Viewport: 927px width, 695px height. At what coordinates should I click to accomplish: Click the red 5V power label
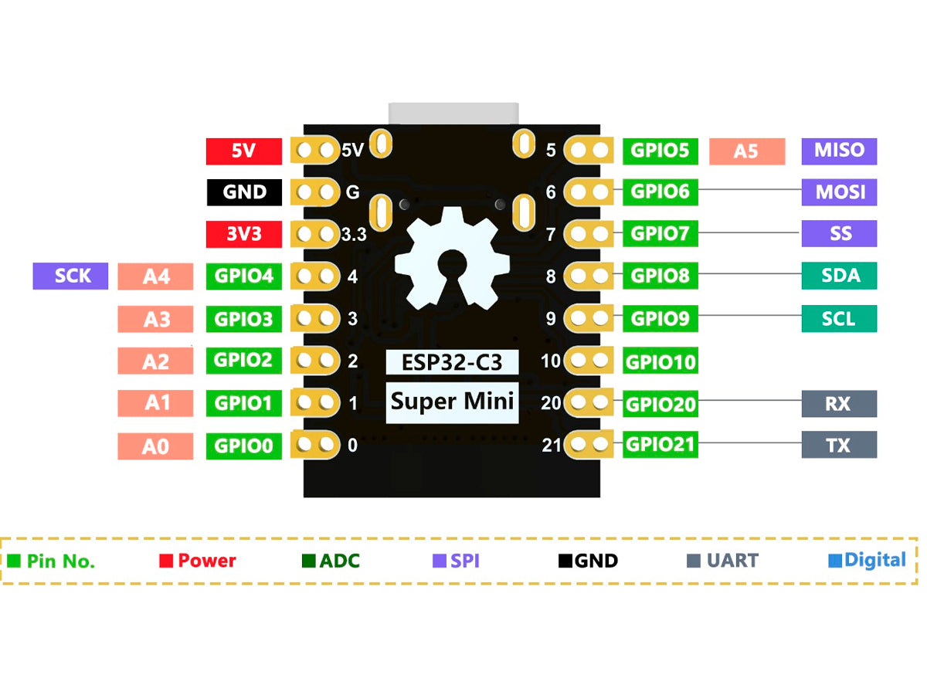(243, 151)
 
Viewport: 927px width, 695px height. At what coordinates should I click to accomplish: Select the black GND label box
(243, 192)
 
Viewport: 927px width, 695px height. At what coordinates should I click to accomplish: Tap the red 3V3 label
(243, 234)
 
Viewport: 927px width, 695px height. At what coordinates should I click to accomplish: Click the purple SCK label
(73, 276)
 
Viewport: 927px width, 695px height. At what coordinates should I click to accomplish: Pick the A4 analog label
(155, 276)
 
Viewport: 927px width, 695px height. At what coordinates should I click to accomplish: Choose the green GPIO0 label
(243, 446)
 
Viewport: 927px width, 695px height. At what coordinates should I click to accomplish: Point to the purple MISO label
(839, 151)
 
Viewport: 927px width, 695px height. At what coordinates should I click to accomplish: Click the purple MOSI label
(839, 192)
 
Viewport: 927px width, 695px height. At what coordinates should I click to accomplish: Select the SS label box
(839, 233)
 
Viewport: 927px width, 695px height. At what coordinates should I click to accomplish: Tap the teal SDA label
(839, 276)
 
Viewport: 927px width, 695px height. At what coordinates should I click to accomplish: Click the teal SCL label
(839, 318)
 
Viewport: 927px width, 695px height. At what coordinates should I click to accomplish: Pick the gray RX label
(839, 403)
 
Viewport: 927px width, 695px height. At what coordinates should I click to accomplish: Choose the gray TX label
(839, 445)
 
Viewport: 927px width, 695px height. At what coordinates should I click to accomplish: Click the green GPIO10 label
(660, 361)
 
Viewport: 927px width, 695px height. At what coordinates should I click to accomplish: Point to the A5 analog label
(746, 151)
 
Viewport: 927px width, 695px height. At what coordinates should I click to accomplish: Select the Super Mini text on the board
(452, 402)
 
